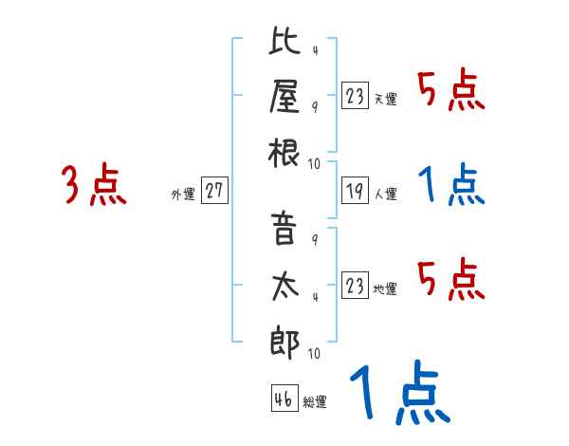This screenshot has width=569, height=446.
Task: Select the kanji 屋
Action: click(284, 98)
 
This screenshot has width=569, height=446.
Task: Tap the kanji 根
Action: click(284, 151)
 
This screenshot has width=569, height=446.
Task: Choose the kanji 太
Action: click(284, 287)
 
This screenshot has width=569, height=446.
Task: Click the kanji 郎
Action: click(284, 340)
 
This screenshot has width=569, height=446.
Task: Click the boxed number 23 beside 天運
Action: click(354, 96)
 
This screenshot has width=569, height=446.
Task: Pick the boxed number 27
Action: click(214, 191)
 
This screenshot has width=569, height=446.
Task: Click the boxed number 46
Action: click(282, 399)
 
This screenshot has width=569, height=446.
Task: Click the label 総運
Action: click(315, 402)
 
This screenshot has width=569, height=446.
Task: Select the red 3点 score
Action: click(94, 186)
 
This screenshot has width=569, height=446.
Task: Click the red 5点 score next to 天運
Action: click(451, 92)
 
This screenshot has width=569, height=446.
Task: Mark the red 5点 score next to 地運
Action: click(451, 280)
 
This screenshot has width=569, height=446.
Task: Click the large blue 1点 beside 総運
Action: click(398, 395)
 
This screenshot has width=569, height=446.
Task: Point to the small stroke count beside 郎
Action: click(313, 354)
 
